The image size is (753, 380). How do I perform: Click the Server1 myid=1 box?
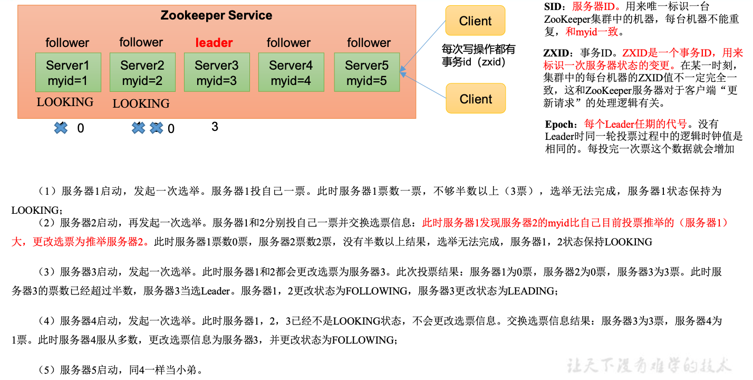point(68,72)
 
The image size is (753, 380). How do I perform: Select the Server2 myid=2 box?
point(142,72)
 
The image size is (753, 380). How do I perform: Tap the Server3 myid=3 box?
point(217,72)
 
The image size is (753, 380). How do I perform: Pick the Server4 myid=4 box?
point(291,72)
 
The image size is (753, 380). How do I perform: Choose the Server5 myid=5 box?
point(367,72)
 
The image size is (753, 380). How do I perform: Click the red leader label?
point(214,43)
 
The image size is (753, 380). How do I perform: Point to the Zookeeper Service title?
point(216,15)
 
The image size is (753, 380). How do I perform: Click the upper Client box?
point(475,21)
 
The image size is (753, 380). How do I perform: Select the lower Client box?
point(476,99)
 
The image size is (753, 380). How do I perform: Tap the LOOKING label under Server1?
point(65,102)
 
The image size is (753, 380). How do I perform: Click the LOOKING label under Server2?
point(141,103)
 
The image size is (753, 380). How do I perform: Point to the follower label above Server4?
point(288,43)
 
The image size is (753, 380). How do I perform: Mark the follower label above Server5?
point(369,43)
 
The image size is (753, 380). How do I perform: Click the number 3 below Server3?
point(215,127)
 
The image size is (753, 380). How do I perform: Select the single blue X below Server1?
point(61,128)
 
